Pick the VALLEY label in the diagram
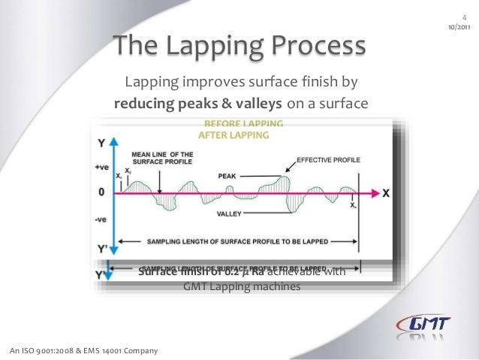[x=229, y=213]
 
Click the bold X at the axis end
[x=386, y=193]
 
